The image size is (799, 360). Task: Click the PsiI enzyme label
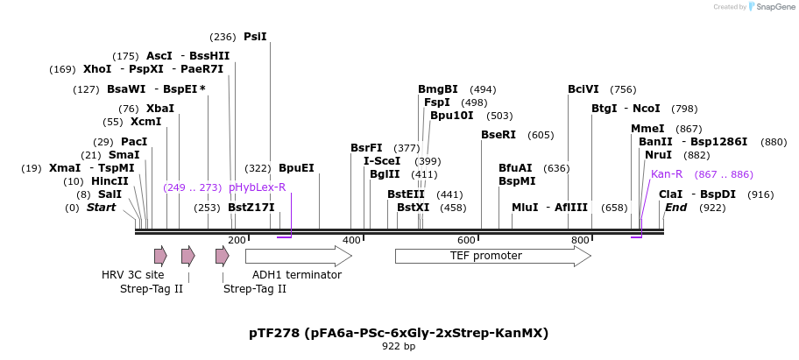pos(255,37)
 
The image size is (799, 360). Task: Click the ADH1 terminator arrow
pos(298,256)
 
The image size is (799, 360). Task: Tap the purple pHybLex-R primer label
pos(257,187)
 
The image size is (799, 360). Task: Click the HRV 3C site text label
pos(132,275)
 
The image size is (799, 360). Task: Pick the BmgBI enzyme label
pos(438,89)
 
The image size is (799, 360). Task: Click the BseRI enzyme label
pos(498,135)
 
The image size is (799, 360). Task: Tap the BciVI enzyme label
pos(583,89)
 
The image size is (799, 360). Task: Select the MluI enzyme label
pos(525,208)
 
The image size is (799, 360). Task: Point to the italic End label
pos(676,208)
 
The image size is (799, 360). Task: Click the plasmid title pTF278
pos(399,333)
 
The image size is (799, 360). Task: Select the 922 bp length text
pos(399,347)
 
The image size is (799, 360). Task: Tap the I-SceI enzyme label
pos(382,161)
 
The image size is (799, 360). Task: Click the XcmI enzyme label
pos(145,122)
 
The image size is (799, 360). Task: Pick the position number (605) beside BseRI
pos(541,135)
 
